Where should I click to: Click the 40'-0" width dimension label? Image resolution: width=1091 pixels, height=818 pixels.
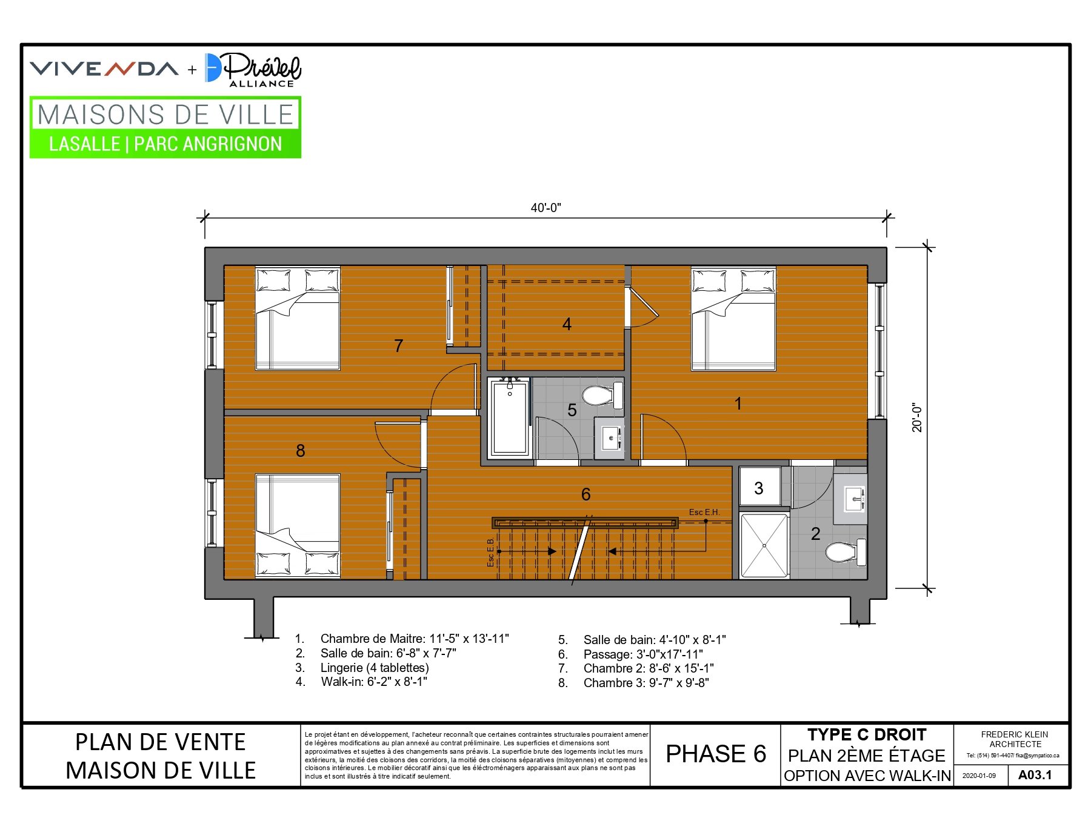point(545,208)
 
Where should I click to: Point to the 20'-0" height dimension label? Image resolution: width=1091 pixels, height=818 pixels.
point(917,417)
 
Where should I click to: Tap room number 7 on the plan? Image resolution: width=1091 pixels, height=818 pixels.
point(398,346)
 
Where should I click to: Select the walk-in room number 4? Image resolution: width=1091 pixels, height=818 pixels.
point(567,324)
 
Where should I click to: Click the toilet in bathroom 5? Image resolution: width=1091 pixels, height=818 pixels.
point(602,395)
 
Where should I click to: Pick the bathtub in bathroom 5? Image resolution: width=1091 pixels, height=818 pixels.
point(510,416)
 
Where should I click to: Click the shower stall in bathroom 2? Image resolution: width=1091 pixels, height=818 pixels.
point(764,545)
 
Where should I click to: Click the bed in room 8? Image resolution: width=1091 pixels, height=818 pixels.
point(298,525)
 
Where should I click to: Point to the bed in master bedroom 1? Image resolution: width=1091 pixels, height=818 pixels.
point(733,319)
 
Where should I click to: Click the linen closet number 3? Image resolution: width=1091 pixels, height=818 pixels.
point(759,488)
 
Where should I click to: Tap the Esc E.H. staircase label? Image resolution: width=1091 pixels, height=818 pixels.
point(704,512)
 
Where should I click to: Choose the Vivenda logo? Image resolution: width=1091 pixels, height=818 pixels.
point(104,68)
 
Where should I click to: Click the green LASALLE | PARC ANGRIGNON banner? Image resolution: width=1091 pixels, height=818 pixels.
point(165,144)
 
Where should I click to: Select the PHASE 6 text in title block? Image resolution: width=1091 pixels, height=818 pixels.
point(716,754)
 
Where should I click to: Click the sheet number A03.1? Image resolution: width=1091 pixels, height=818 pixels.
point(1035,775)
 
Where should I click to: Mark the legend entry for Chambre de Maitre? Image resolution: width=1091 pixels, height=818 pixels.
point(402,639)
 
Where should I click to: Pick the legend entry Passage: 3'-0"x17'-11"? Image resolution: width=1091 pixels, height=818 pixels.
point(630,654)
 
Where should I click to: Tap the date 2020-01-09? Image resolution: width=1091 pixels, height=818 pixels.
point(979,776)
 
